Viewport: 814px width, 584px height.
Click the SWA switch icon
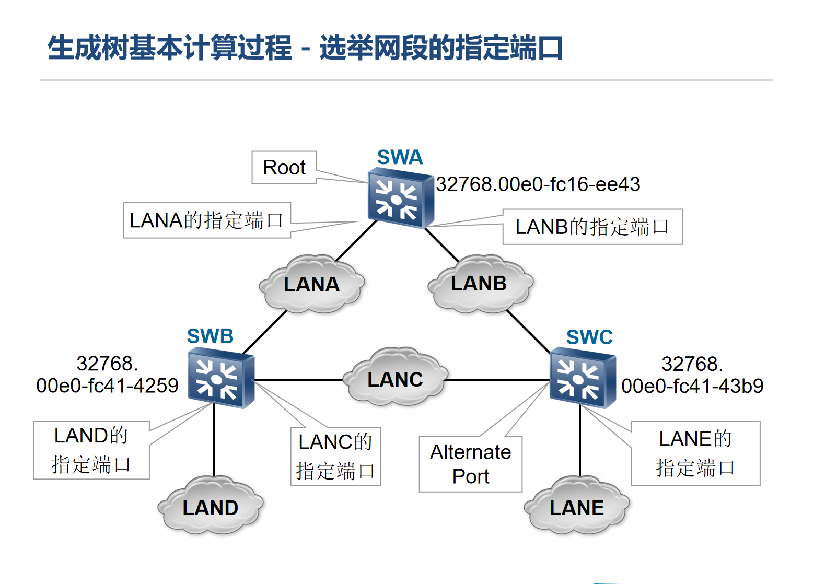(400, 198)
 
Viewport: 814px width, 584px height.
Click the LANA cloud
(312, 285)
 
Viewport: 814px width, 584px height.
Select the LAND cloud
(211, 507)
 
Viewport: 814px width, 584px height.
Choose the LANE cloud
(577, 507)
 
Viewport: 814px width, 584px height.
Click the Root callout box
(284, 168)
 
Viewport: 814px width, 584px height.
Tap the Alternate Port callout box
(470, 464)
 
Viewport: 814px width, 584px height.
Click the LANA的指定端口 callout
(206, 220)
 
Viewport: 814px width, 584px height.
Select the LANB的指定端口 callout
(592, 227)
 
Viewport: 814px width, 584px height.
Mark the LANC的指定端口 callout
(335, 457)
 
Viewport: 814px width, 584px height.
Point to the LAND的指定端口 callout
(91, 450)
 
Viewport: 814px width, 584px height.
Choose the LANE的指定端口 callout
(695, 453)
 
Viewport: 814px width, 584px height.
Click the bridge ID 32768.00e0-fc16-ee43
(538, 184)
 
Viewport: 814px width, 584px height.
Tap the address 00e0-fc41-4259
(107, 386)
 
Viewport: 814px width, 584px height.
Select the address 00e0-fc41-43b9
(692, 386)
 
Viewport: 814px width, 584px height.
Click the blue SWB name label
(210, 336)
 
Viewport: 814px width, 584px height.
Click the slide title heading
(305, 48)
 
